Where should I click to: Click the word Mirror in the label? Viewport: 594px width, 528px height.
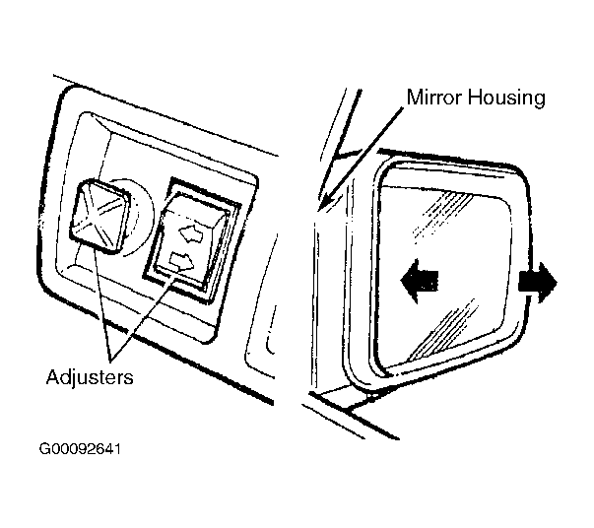(434, 97)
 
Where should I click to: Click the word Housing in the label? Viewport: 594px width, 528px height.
(507, 99)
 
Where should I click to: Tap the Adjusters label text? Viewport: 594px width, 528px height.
(90, 377)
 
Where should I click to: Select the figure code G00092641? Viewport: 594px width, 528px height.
(80, 449)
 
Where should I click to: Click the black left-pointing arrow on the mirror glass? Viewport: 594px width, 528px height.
(419, 281)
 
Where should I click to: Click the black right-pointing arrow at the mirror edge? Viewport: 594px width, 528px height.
(538, 283)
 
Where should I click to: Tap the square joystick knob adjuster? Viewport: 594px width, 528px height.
(99, 215)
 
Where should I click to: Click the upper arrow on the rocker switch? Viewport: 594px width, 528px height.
(192, 233)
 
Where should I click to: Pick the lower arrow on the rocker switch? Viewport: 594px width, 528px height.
(182, 261)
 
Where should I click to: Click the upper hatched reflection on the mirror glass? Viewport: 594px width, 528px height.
(443, 215)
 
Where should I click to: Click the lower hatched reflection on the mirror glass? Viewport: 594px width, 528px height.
(444, 329)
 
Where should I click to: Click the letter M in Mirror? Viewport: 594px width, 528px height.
(414, 97)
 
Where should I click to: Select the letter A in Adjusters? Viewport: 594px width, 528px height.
(53, 376)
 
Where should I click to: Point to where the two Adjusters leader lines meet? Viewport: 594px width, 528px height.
(111, 359)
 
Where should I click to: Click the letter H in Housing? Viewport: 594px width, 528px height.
(475, 97)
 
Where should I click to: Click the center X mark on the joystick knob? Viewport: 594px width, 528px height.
(99, 214)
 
